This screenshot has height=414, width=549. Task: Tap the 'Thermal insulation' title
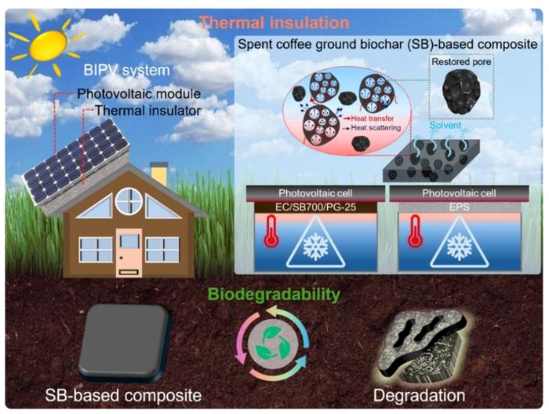pyautogui.click(x=264, y=23)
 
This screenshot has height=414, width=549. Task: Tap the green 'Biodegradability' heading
pyautogui.click(x=273, y=295)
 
